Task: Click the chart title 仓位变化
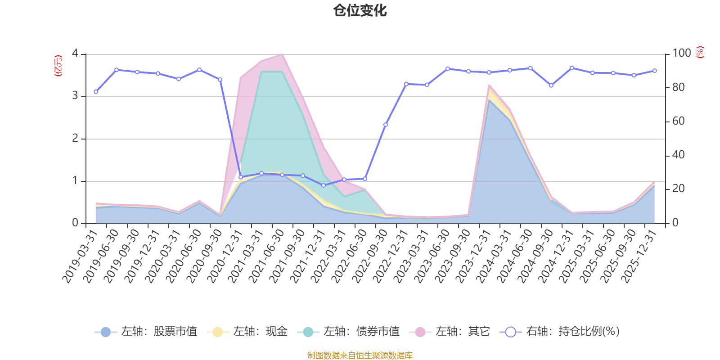coord(360,10)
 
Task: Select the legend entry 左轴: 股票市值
coord(146,332)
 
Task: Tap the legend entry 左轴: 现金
coord(247,332)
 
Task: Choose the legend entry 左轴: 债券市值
coord(349,332)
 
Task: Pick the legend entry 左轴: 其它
coord(450,332)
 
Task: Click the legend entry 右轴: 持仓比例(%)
coord(560,332)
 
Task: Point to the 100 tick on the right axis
coord(681,53)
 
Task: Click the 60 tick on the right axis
coord(679,121)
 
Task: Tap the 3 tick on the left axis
coord(75,96)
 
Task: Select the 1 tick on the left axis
coord(75,181)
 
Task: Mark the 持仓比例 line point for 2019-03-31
coord(95,92)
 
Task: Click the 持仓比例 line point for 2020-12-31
coord(240,177)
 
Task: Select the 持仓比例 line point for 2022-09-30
coord(385,125)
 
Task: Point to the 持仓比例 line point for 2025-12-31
coord(654,71)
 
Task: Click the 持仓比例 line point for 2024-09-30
coord(551,85)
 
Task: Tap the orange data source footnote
coord(360,355)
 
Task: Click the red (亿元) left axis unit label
coord(58,66)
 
